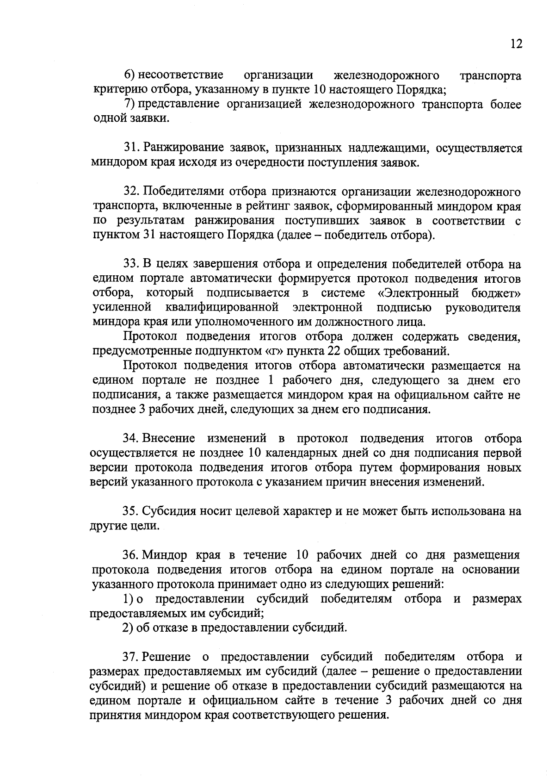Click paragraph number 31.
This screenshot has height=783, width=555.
[130, 149]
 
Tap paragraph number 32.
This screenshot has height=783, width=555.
[130, 192]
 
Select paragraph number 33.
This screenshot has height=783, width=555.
[130, 265]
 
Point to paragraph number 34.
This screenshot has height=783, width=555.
[130, 439]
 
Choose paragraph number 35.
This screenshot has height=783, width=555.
[130, 511]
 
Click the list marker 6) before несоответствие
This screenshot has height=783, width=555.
[129, 75]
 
